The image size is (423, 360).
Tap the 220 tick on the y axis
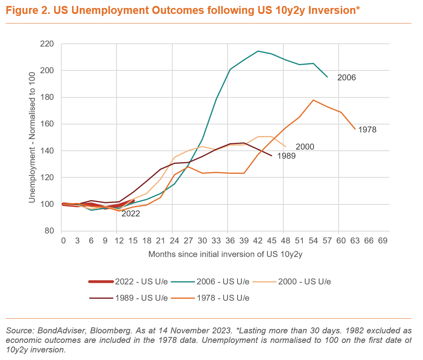pos(48,44)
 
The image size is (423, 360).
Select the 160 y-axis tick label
pos(48,124)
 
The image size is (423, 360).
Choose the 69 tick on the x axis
pos(383,240)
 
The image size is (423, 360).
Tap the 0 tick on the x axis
pos(63,240)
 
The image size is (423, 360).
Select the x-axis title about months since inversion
pos(226,254)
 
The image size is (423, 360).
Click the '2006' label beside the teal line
pos(346,78)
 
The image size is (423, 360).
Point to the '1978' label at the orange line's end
pos(367,129)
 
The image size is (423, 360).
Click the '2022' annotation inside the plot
pos(131,214)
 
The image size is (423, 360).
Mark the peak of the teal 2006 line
pos(258,51)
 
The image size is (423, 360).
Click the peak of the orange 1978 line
pos(314,100)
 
